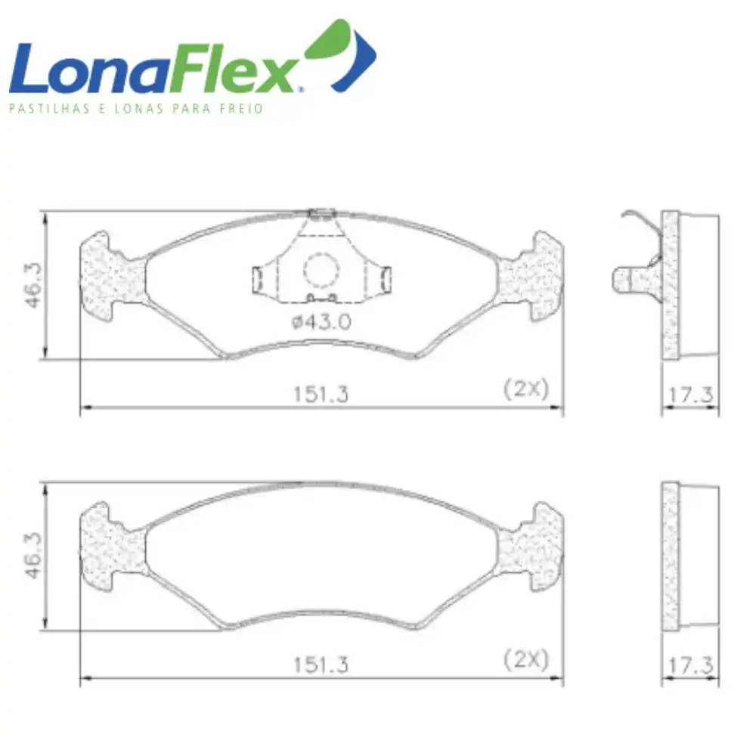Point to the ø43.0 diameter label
click(321, 321)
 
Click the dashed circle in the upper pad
click(321, 271)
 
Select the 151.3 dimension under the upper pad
click(321, 395)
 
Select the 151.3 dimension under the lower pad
click(321, 665)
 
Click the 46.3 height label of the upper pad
click(34, 285)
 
